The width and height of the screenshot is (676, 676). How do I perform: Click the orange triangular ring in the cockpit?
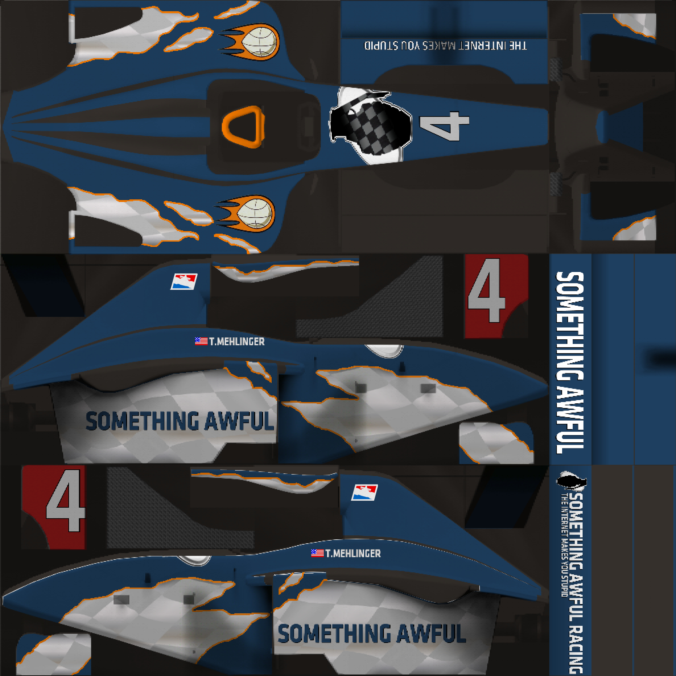243,126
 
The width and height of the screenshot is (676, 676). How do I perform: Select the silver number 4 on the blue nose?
444,126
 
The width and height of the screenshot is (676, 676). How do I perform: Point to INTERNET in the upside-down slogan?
479,46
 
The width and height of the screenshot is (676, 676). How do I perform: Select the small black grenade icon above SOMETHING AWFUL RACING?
571,480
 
